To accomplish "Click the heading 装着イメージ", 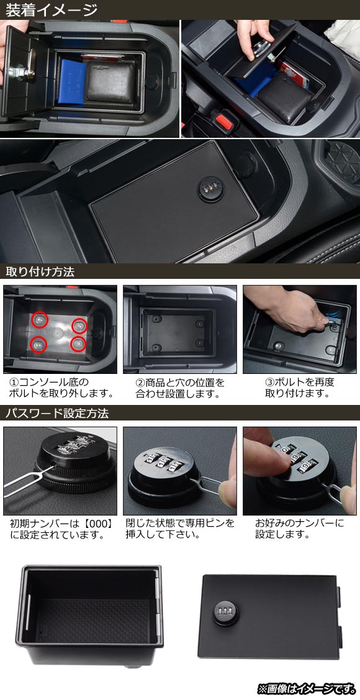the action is point(52,9).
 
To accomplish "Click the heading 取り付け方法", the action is point(40,271).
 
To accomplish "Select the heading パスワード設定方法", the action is point(56,413).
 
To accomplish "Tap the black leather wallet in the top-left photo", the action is point(110,81).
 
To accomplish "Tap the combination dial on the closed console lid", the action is point(209,186).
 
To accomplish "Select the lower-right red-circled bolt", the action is point(78,343).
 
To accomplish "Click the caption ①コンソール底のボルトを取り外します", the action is point(60,388).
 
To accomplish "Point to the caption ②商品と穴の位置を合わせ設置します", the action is point(180,388).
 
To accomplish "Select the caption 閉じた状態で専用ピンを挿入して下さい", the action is point(180,528).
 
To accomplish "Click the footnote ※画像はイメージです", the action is point(307,688).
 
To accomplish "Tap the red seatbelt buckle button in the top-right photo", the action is point(221,120).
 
